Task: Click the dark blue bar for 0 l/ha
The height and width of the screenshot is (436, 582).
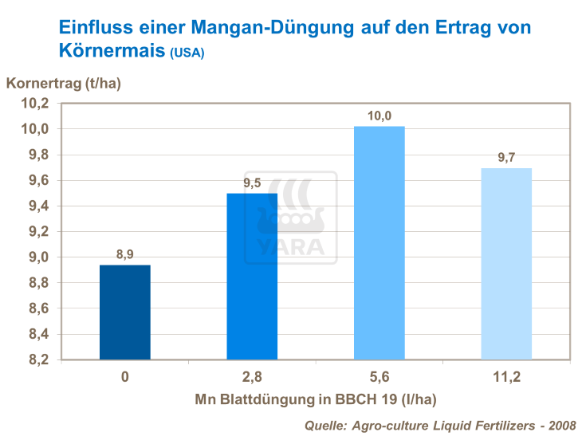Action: coord(125,312)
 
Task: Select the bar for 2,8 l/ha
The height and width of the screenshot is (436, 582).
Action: coord(252,277)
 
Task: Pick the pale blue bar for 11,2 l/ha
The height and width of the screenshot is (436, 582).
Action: coord(506,264)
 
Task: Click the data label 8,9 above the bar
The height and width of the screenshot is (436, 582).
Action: coord(125,255)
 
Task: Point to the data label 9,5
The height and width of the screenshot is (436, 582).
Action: coord(252,183)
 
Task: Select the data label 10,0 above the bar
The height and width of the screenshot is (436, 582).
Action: coord(379,116)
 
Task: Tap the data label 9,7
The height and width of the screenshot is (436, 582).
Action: coord(506,158)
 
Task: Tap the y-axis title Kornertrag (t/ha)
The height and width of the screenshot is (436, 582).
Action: coord(64,83)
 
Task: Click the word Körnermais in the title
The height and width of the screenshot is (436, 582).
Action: coord(112,51)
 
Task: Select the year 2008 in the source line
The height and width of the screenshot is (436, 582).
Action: coord(562,426)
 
